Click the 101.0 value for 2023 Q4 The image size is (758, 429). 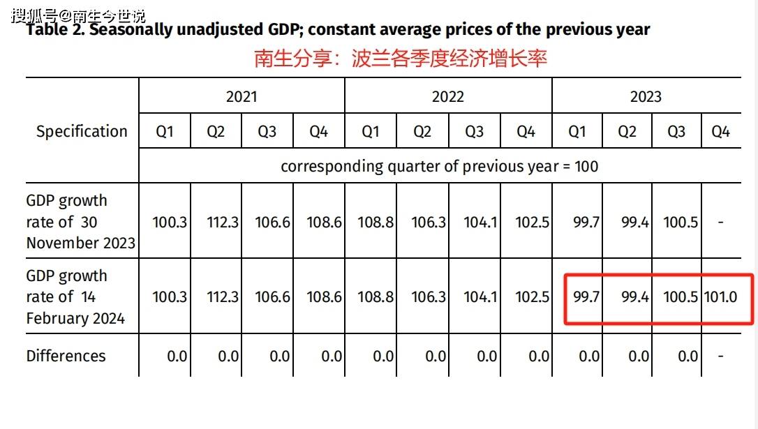click(720, 297)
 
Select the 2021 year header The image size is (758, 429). click(241, 96)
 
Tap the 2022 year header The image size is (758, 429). click(447, 96)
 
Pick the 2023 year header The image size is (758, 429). click(646, 96)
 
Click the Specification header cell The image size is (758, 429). click(82, 131)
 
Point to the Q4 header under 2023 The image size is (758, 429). click(720, 132)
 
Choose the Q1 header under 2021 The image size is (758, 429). click(165, 132)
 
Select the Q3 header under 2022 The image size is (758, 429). click(474, 132)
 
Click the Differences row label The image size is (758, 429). click(66, 356)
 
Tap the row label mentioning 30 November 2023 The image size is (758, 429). click(80, 222)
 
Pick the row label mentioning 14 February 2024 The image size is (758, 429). click(75, 297)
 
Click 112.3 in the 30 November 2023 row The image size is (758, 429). click(223, 223)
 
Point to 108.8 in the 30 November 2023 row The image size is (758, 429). click(376, 223)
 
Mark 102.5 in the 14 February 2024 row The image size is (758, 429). click(533, 297)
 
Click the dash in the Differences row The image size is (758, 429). click(720, 356)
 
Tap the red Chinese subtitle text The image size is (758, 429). click(400, 58)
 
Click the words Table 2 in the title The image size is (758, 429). click(55, 30)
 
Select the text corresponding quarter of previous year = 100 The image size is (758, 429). click(439, 167)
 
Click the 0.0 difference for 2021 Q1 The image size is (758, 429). click(177, 356)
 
